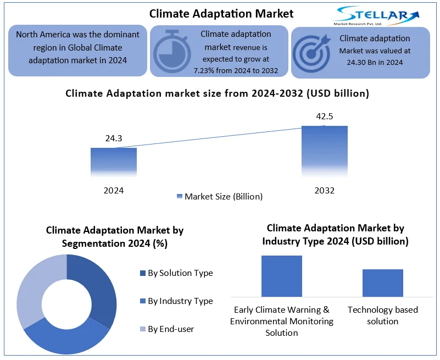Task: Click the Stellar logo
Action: point(377,16)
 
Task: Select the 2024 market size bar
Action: point(114,162)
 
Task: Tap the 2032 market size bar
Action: point(325,151)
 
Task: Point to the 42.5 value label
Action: point(325,117)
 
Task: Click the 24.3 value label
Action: point(114,138)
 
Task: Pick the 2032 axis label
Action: point(325,190)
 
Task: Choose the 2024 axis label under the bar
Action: point(114,190)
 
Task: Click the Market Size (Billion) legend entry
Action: point(220,196)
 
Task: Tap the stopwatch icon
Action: point(172,52)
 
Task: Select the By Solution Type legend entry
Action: point(176,273)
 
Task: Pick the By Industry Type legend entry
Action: point(176,301)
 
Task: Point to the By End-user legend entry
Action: point(167,329)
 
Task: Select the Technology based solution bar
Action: point(383,283)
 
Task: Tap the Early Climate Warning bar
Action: point(282,276)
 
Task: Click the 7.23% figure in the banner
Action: point(204,70)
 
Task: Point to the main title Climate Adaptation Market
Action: point(221,14)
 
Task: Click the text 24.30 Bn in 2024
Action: point(375,62)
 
